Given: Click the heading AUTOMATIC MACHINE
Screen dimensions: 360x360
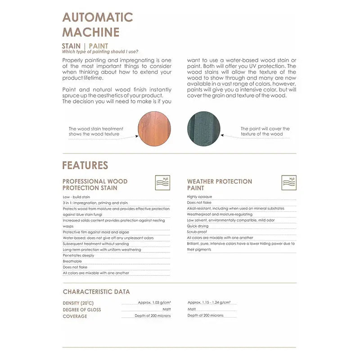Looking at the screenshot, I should pos(97,24).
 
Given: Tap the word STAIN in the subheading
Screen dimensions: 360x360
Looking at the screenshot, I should pos(71,46).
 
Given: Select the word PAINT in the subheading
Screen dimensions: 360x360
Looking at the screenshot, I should pos(99,46).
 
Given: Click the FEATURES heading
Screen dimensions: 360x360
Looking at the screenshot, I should pos(85,165).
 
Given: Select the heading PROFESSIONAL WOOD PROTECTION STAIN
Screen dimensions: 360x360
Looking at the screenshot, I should pos(95,184).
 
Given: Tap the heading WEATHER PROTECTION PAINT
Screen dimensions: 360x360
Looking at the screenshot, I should pos(220,184).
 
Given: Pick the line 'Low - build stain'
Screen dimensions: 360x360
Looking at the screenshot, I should pos(76,197).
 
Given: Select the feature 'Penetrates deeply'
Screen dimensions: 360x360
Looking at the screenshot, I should pos(79,255).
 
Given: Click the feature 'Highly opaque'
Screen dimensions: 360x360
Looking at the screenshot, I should pos(199,197).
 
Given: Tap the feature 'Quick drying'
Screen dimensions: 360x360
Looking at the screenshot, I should pos(198,226).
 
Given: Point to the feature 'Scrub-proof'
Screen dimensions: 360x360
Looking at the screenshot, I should pos(198,232).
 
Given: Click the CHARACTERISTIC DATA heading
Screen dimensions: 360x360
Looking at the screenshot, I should pos(96,292).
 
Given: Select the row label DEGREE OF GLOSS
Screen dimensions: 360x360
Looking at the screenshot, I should pos(82,310).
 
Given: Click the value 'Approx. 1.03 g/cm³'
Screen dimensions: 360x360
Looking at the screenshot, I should pos(154,303).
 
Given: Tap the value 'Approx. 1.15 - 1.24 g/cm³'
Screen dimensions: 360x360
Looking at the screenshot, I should pos(211,303).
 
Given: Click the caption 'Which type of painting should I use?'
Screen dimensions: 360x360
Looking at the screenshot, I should pos(100,52).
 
